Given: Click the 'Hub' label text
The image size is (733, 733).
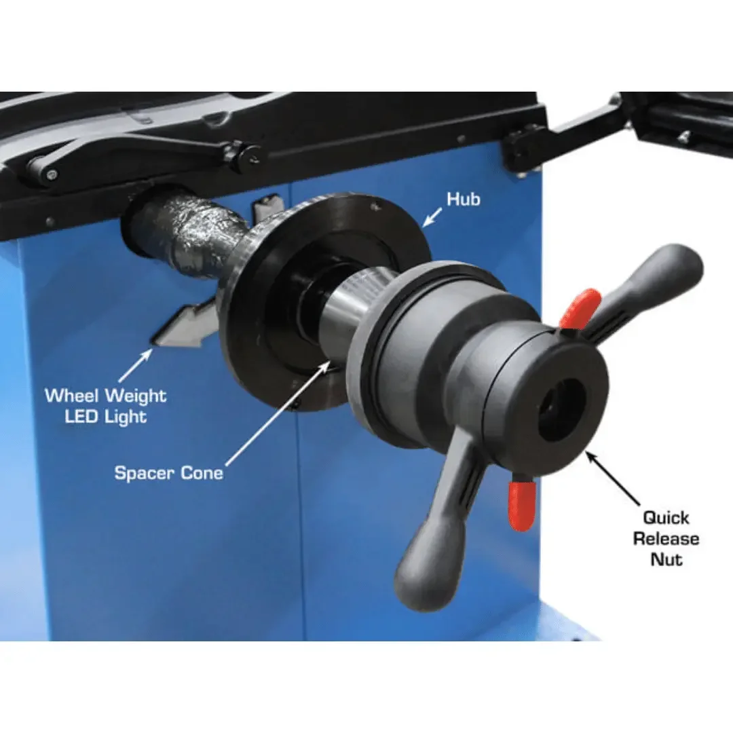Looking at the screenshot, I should [x=463, y=199].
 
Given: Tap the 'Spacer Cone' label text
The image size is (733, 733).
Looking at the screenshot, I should [x=168, y=473].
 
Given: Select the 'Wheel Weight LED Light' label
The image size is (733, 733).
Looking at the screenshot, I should [x=105, y=405].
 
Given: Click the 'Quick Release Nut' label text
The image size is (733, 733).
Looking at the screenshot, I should [x=666, y=538].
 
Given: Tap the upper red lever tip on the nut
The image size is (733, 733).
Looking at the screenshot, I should [x=581, y=306].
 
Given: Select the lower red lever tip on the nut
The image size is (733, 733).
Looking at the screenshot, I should [x=523, y=505].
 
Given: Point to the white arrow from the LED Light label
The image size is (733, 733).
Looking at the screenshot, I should [x=136, y=366].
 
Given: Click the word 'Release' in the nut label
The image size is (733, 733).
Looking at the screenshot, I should [x=666, y=539].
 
